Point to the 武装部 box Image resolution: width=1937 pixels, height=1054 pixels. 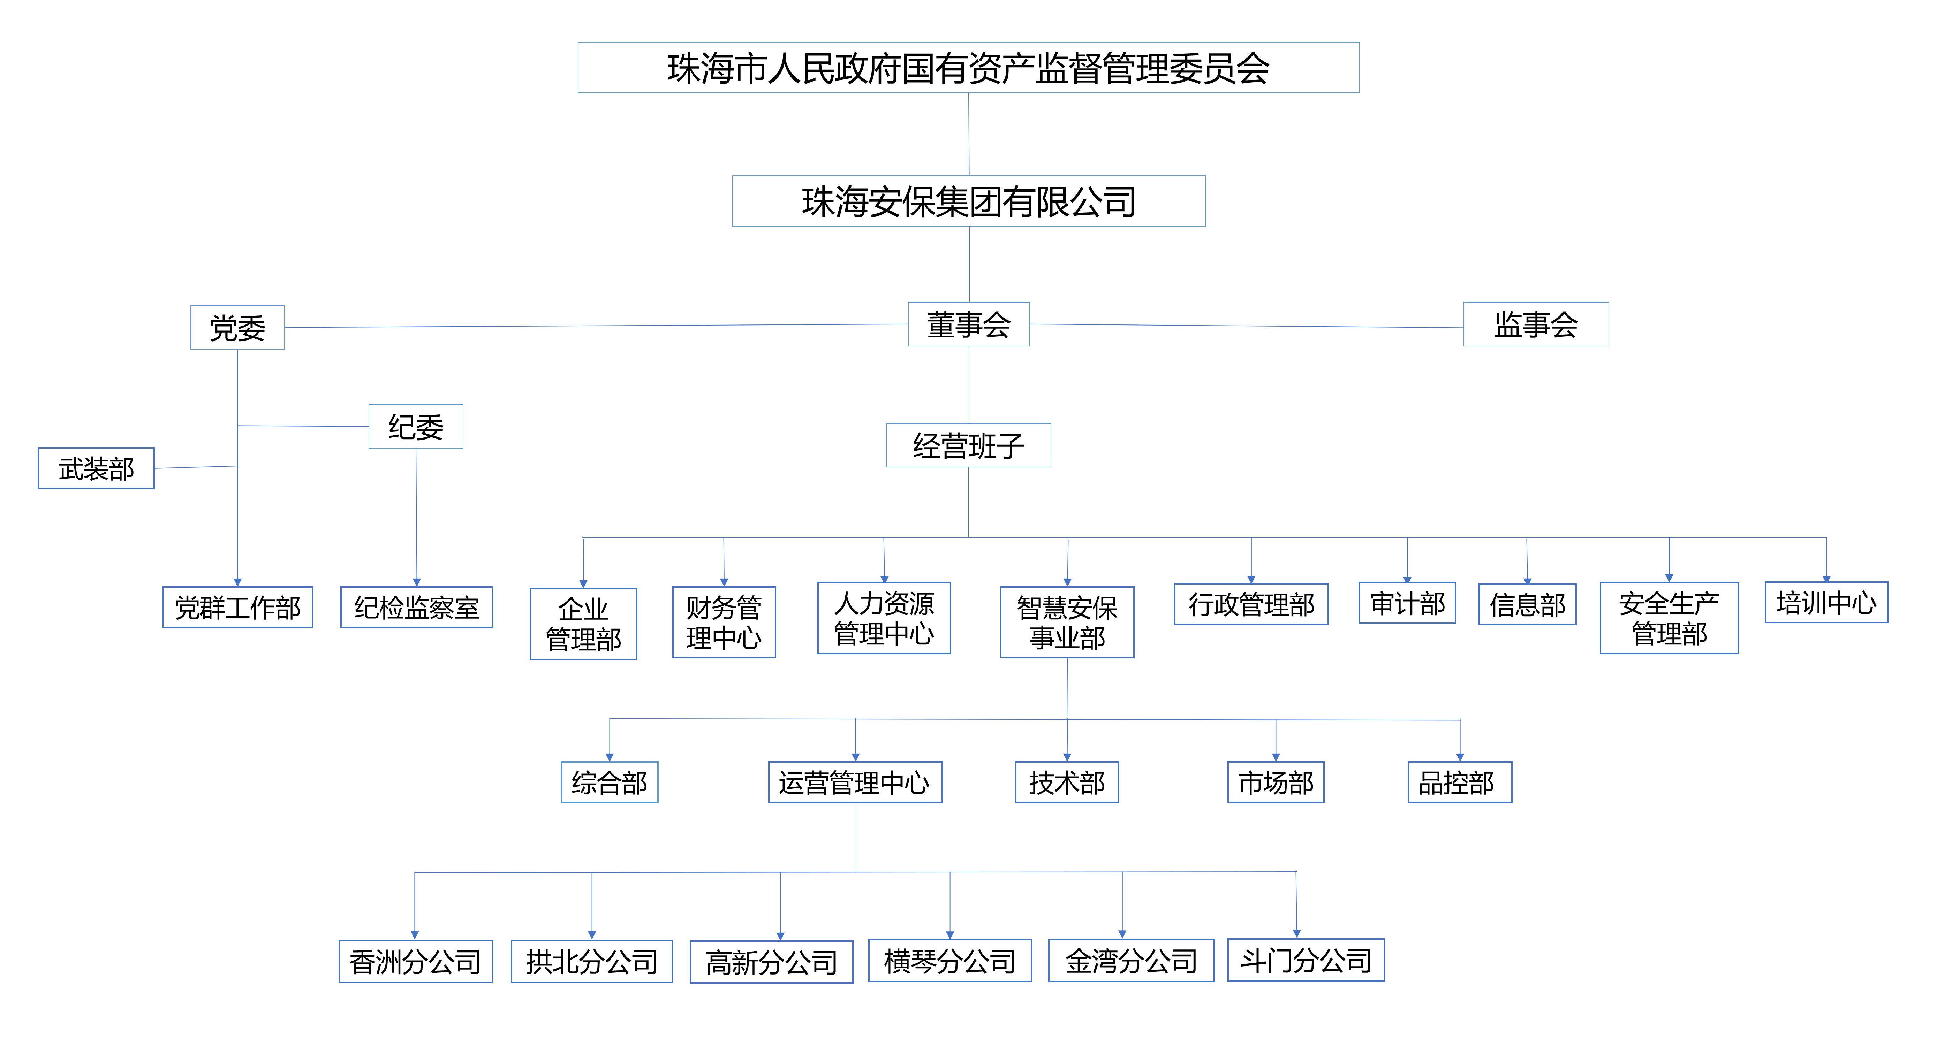96,468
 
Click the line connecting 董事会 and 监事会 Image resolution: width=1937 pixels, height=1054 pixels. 1246,326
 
